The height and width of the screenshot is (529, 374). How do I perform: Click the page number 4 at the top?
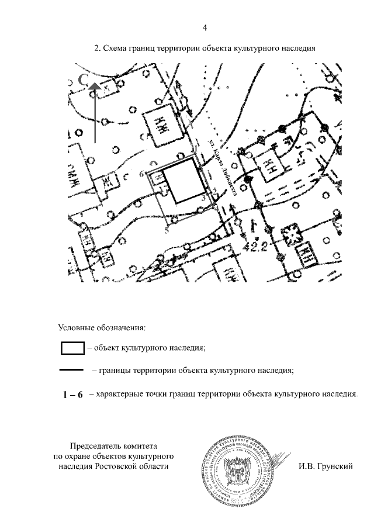tap(205, 27)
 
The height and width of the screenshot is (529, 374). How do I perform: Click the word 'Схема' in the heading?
tap(116, 49)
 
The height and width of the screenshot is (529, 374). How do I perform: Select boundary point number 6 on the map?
tap(142, 174)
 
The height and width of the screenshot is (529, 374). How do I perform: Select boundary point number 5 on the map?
tap(167, 231)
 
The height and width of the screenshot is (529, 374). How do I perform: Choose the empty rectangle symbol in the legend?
tap(73, 348)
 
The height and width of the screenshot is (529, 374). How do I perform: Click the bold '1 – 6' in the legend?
tap(73, 395)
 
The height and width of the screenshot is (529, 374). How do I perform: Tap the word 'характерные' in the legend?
tap(117, 395)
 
